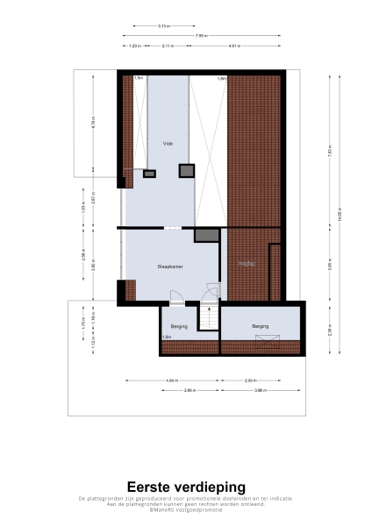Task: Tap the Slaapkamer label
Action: tap(169, 265)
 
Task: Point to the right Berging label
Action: tap(261, 326)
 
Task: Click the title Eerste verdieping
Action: tap(186, 487)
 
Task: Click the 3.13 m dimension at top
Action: tap(164, 26)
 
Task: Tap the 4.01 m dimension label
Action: tap(234, 45)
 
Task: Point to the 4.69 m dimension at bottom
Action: tap(173, 380)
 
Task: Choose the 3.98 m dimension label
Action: tap(261, 389)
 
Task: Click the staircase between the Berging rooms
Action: tap(208, 316)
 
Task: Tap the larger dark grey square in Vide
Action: tap(186, 170)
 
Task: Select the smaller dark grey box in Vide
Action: tap(149, 174)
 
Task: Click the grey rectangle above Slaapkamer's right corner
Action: tap(205, 235)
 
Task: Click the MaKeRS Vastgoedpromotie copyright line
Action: tap(186, 509)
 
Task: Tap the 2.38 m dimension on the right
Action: tap(329, 331)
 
